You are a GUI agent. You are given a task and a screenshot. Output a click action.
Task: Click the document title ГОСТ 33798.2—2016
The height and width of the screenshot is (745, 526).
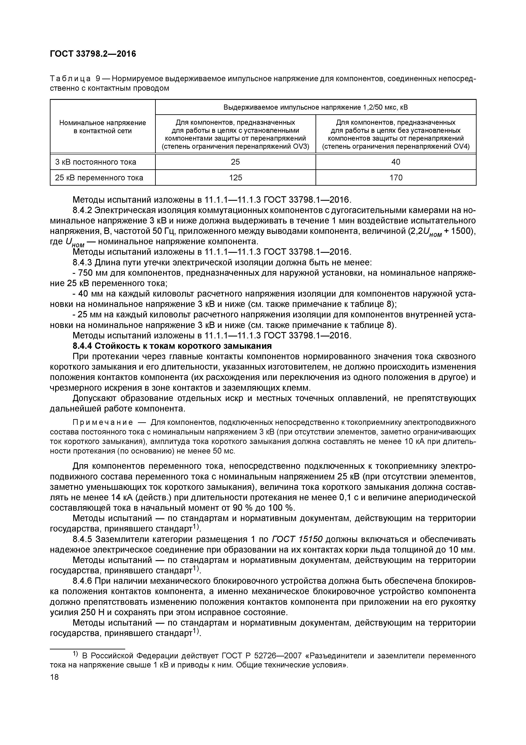point(93,54)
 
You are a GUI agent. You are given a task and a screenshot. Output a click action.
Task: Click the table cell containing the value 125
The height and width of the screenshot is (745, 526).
point(235,178)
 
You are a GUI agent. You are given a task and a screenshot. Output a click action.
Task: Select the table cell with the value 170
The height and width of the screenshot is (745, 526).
point(396,178)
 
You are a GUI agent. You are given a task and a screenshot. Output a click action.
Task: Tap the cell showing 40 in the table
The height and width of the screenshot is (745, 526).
point(396,162)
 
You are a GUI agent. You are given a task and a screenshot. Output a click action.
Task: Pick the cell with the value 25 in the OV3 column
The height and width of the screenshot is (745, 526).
point(235,162)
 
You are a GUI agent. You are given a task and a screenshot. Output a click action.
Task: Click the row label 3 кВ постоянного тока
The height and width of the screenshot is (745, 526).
point(96,162)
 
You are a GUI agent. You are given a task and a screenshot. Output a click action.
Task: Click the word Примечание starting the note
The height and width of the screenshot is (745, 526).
point(103,423)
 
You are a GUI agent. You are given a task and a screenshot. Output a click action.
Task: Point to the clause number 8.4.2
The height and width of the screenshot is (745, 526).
point(83,210)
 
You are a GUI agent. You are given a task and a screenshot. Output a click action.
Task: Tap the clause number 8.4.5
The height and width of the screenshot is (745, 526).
point(83,539)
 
